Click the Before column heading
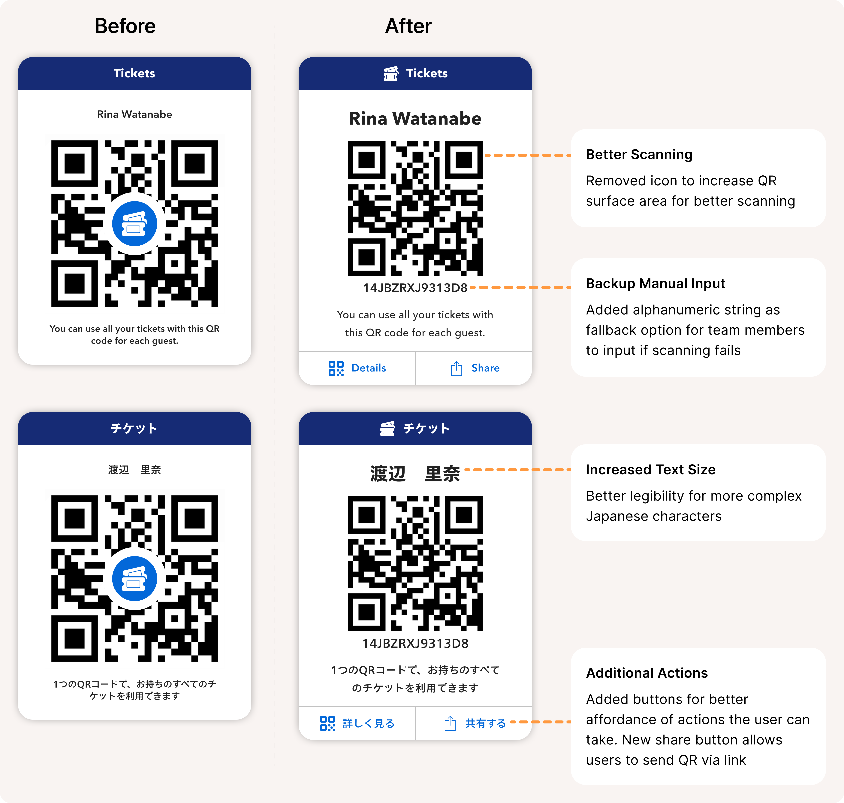point(125,26)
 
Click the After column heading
point(408,26)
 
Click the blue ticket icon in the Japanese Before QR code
point(134,579)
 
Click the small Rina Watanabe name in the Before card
point(134,114)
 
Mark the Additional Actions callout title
point(647,673)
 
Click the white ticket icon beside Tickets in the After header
point(391,74)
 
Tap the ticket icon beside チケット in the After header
point(387,429)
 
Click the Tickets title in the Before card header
point(134,73)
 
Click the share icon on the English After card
point(456,368)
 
